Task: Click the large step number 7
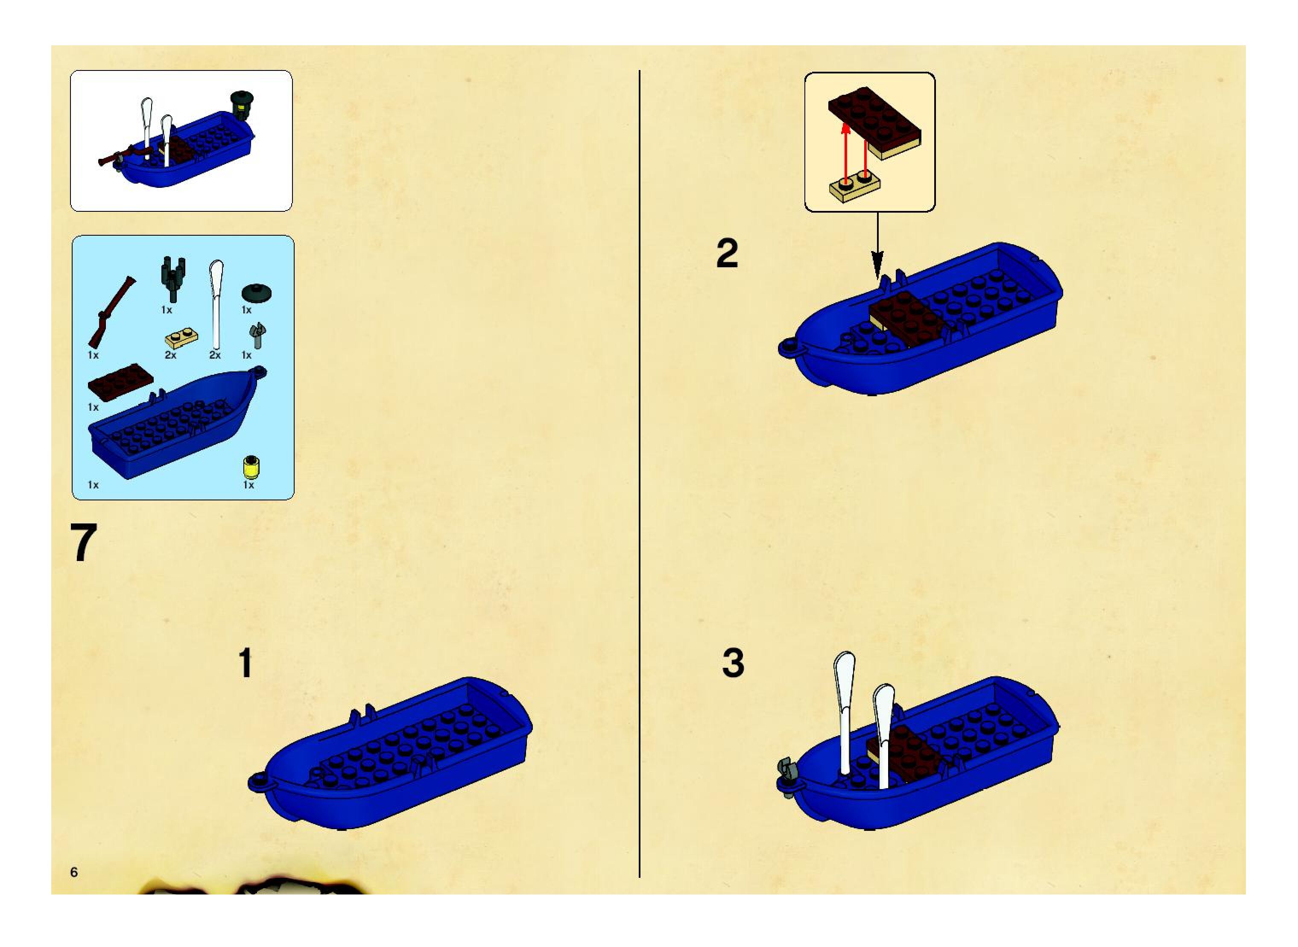pos(84,542)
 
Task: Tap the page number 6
pos(74,872)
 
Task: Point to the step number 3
pos(733,663)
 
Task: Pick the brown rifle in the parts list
pos(111,313)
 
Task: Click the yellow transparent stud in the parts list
pos(251,467)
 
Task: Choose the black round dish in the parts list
pos(256,292)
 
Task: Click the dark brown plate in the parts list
pos(120,383)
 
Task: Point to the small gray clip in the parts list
pos(258,335)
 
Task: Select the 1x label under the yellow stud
pos(248,485)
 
